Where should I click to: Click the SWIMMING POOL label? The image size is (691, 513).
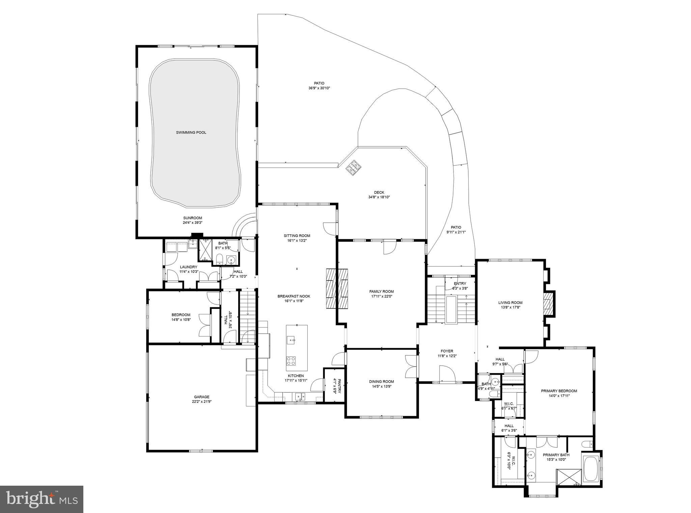pyautogui.click(x=191, y=133)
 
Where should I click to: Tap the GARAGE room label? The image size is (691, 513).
pyautogui.click(x=201, y=397)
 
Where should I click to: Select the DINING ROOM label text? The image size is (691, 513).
pyautogui.click(x=381, y=382)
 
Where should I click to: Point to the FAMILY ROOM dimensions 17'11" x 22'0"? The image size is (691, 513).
pyautogui.click(x=381, y=296)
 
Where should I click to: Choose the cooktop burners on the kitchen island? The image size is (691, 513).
pyautogui.click(x=291, y=361)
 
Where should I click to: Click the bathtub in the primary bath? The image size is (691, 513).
pyautogui.click(x=590, y=468)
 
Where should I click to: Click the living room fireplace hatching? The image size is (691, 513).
pyautogui.click(x=548, y=304)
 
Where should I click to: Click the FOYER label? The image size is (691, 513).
pyautogui.click(x=447, y=351)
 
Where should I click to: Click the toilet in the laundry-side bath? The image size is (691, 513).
pyautogui.click(x=219, y=259)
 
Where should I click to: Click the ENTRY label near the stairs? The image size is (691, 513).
pyautogui.click(x=460, y=284)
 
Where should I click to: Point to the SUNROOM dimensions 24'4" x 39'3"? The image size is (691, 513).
pyautogui.click(x=193, y=223)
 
